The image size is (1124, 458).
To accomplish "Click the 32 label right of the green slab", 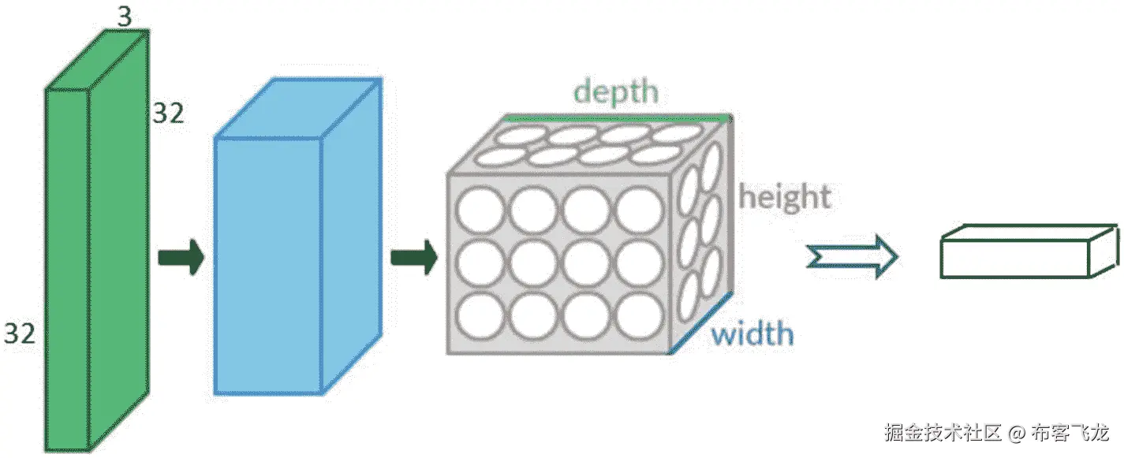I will click(168, 114).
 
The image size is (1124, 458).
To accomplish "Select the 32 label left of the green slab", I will click(20, 333).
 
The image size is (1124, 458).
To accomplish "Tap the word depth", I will click(615, 91).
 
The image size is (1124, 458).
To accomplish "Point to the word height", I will click(785, 196).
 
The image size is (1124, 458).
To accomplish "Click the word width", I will click(752, 335).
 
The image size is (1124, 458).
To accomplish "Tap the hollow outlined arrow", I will click(851, 258).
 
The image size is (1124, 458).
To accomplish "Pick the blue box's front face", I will click(267, 266).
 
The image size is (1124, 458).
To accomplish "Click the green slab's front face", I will click(66, 268).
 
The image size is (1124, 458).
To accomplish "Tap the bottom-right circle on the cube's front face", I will click(639, 316).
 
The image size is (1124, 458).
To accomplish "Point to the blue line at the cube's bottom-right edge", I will click(701, 324).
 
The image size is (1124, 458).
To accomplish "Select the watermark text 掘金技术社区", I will click(943, 433).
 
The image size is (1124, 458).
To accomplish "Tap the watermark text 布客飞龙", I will click(1070, 433).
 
